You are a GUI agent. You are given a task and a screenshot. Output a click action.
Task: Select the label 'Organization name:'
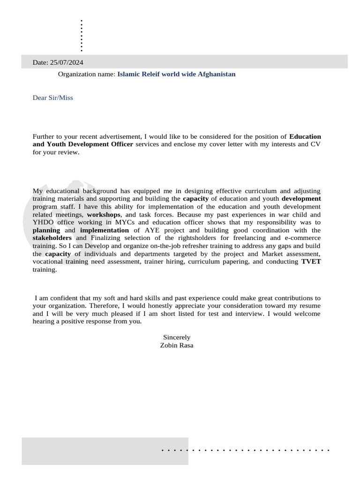click(x=86, y=74)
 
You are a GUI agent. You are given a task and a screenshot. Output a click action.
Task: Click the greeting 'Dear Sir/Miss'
click(x=52, y=98)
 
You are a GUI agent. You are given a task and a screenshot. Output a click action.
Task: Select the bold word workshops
click(x=104, y=214)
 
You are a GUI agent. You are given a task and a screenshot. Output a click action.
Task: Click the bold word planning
click(x=46, y=230)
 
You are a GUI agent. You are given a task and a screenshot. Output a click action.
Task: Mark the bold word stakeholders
click(x=52, y=238)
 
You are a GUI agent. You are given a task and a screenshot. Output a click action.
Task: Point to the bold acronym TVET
click(x=311, y=262)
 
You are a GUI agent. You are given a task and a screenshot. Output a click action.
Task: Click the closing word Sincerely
click(x=177, y=337)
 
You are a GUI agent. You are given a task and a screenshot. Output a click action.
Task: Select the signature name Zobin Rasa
click(x=177, y=345)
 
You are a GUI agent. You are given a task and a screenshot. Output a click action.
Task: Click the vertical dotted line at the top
click(x=82, y=36)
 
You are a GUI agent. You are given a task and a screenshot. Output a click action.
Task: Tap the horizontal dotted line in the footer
click(x=246, y=450)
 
